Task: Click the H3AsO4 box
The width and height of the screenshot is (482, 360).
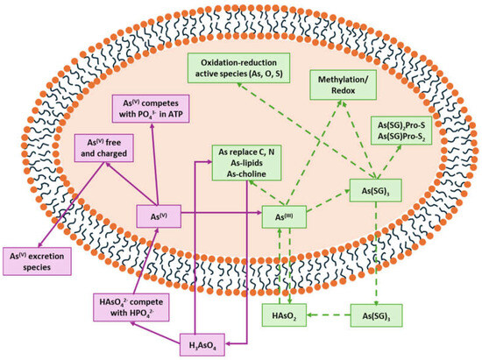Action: pyautogui.click(x=202, y=346)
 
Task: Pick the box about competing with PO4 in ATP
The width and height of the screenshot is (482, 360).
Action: pyautogui.click(x=159, y=109)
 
